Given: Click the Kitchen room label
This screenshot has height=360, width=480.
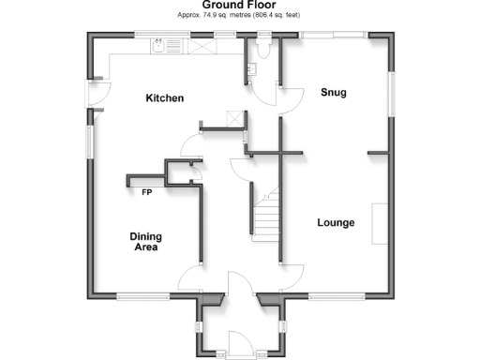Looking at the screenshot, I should click(x=163, y=98).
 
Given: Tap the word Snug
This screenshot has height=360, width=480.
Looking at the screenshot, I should click(x=334, y=92).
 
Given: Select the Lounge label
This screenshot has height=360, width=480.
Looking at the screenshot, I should click(x=335, y=223).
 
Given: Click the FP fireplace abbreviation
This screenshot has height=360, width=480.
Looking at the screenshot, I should click(x=147, y=193).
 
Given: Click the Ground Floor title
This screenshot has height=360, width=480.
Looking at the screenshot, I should click(x=239, y=5).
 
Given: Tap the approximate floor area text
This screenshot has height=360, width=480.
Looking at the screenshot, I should click(x=239, y=15).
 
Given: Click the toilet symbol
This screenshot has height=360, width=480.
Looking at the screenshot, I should click(x=263, y=48).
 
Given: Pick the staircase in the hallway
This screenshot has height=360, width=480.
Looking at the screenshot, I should click(x=264, y=214).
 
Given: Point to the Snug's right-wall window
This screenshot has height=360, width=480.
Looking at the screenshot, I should click(x=390, y=93).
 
